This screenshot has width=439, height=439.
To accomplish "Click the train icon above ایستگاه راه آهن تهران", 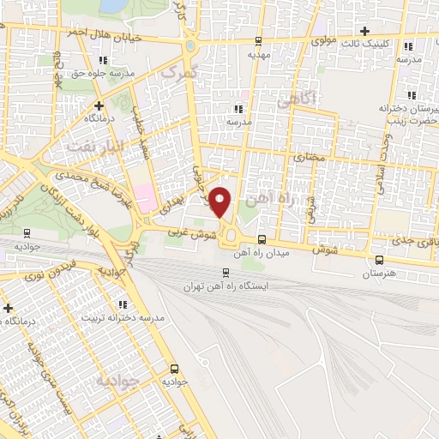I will coord(200,272).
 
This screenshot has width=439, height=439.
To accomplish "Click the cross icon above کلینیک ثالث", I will coord(365,30).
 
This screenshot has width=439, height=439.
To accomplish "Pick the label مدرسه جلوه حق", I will coord(105,75).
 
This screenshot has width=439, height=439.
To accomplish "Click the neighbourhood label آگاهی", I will coord(297,100).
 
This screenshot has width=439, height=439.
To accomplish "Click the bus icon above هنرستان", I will coord(379,259).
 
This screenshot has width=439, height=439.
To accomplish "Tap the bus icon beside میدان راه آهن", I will coord(261,241).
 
